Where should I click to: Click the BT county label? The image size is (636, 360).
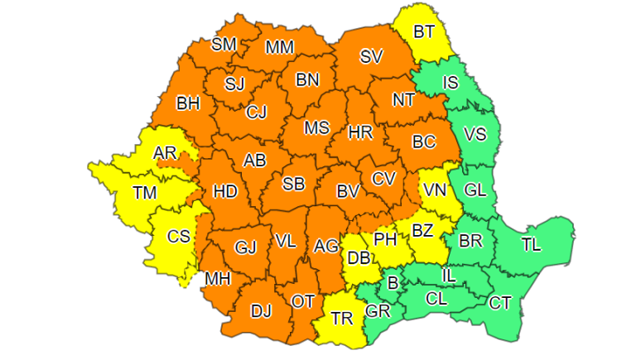424,32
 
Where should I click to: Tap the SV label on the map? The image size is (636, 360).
373,56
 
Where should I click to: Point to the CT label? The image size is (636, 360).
499,303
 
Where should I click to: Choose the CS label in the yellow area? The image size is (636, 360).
179,236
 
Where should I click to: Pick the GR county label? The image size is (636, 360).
378,312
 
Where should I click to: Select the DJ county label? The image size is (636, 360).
261,311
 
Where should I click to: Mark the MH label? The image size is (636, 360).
218,279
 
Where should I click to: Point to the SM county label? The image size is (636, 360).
224,44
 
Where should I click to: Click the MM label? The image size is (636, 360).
279,47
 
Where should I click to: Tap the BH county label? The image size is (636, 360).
188,104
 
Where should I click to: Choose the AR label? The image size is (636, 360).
165,152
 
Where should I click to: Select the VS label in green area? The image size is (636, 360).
475,134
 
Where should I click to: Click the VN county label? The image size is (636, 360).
435,190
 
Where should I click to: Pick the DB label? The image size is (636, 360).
358,258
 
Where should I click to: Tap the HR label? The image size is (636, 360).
361,132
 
